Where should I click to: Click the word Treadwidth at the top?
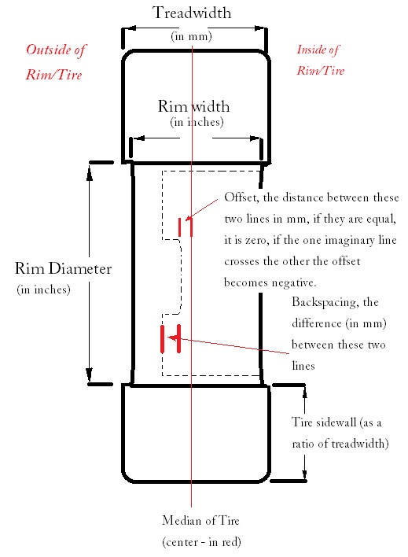tap(192, 13)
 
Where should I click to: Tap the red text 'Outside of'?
tap(56, 50)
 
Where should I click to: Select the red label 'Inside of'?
tap(318, 50)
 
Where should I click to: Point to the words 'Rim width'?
tap(193, 106)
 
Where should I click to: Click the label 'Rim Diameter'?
tap(63, 268)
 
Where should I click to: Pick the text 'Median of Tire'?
tap(200, 520)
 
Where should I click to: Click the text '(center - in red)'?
tap(201, 542)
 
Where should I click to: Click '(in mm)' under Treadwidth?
tap(191, 36)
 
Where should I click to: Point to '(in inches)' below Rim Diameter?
tap(44, 290)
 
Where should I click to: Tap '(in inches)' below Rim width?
tap(197, 122)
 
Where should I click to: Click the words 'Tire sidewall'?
tap(324, 422)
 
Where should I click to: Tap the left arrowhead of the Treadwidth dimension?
tap(130, 28)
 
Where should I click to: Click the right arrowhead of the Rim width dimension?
tap(255, 138)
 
